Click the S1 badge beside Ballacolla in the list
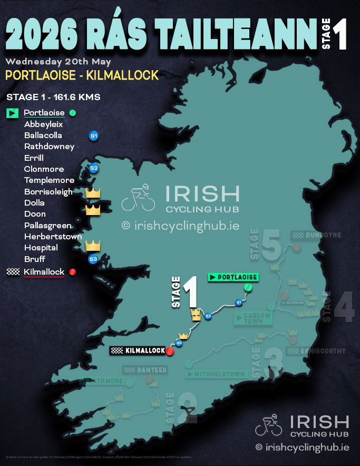[94, 135]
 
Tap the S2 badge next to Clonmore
[94, 169]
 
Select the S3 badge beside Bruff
[93, 259]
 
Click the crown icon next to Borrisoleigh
[93, 192]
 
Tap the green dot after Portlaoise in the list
[73, 113]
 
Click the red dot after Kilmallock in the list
[73, 272]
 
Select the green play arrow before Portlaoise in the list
[12, 113]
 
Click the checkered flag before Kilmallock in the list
[12, 272]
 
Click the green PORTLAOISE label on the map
[232, 277]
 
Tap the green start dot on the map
[248, 288]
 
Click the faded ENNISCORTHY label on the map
[316, 351]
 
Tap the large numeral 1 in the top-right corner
[339, 36]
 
